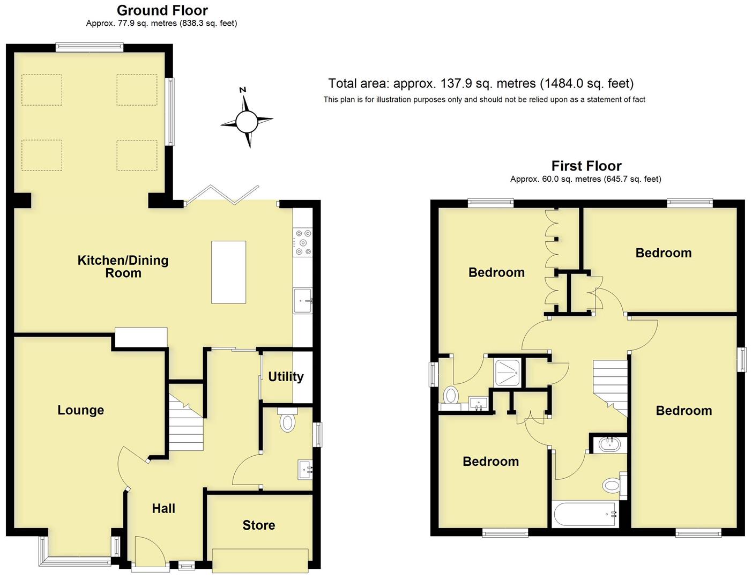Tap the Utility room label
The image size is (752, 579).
coord(286,376)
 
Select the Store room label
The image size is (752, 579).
coord(259,525)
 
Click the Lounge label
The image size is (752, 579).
coord(81,410)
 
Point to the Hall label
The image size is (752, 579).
coord(163,508)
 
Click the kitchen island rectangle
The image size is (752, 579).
coord(229,272)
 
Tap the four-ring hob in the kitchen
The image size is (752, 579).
coord(303,242)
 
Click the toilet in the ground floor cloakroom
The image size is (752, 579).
coord(288,421)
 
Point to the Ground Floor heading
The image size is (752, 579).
coord(162,10)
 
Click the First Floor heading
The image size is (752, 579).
coord(586,166)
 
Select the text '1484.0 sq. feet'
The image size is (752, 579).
coord(587,84)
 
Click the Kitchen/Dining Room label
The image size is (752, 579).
coord(123,266)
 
